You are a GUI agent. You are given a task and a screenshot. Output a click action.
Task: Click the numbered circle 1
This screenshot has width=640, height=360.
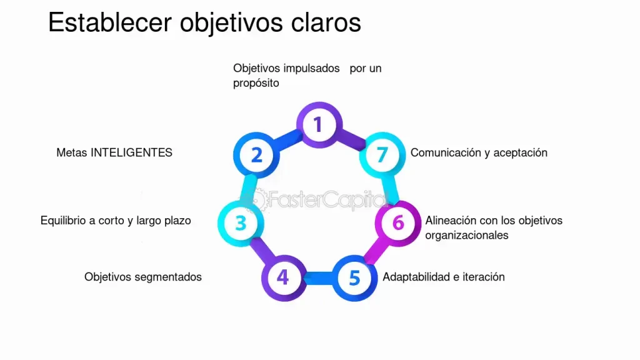click(x=318, y=124)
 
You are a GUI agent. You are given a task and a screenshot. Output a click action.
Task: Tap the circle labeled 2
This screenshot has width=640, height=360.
click(x=256, y=154)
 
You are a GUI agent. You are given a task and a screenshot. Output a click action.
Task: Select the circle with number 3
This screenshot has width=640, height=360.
click(x=241, y=222)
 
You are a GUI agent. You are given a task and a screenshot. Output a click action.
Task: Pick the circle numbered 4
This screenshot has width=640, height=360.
click(x=283, y=276)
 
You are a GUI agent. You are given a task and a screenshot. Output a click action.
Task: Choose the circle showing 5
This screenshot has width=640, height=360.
click(x=354, y=277)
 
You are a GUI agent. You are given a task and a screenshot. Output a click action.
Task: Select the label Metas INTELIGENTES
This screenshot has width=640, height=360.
click(x=114, y=152)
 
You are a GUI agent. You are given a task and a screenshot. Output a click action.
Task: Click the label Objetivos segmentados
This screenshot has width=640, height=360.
click(x=143, y=276)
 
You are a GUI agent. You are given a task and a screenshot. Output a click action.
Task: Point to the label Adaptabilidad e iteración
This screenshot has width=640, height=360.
click(x=444, y=276)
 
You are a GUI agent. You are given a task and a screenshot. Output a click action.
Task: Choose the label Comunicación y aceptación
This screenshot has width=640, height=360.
click(x=479, y=152)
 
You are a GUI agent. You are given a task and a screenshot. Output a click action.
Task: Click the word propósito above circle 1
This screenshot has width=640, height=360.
click(x=256, y=82)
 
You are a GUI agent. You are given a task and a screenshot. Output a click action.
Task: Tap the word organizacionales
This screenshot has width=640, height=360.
click(x=467, y=235)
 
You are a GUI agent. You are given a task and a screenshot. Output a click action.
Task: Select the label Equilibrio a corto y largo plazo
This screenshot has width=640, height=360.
click(x=116, y=221)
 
